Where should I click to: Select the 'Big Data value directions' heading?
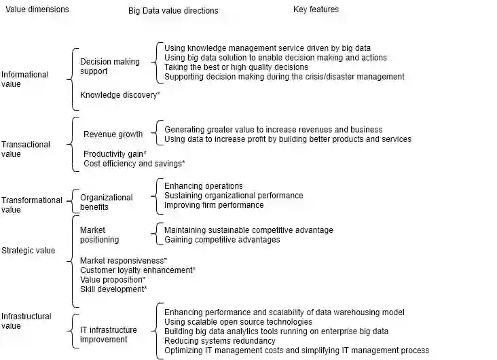(173, 11)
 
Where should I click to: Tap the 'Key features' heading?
(316, 10)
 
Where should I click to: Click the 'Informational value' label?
(25, 79)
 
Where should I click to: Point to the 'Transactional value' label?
(26, 149)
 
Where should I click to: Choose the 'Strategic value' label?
(29, 251)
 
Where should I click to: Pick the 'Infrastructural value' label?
(26, 321)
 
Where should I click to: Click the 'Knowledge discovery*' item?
(120, 95)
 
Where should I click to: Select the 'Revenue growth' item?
(113, 134)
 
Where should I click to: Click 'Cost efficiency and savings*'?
(134, 164)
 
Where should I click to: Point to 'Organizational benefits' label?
(106, 202)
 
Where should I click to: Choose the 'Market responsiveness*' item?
(124, 261)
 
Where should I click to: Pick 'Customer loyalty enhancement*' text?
(138, 270)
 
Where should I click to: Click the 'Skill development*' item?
(113, 289)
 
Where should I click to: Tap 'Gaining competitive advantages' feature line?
(222, 240)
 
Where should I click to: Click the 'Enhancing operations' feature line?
(204, 186)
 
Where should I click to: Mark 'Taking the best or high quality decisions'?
(236, 67)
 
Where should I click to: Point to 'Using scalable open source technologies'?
(238, 322)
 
